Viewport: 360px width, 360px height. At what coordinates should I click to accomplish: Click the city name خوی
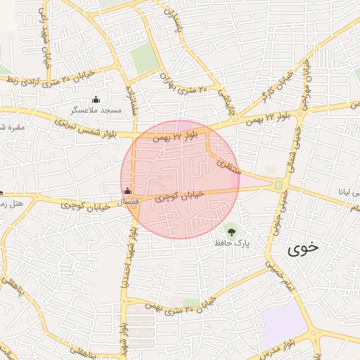click(x=303, y=247)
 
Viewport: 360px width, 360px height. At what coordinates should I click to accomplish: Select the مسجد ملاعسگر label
click(x=96, y=110)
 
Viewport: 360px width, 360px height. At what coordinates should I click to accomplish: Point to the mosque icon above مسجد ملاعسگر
click(x=96, y=99)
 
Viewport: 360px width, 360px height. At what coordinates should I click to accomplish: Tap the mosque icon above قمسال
click(x=127, y=190)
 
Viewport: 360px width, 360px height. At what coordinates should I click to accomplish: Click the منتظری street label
click(x=229, y=167)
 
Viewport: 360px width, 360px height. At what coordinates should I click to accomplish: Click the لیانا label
click(x=349, y=191)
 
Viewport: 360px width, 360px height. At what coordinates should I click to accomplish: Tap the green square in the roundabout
click(x=278, y=186)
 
